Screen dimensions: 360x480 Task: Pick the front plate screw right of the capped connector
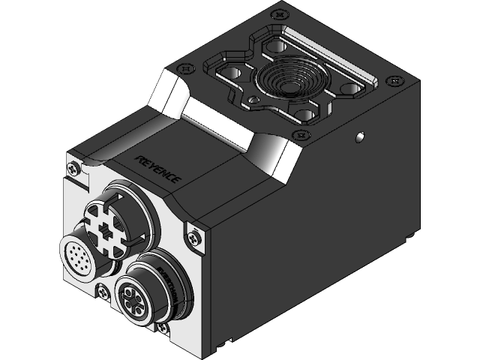pyautogui.click(x=194, y=236)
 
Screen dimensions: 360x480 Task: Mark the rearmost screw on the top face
pyautogui.click(x=280, y=13)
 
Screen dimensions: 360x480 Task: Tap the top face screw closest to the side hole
pyautogui.click(x=303, y=135)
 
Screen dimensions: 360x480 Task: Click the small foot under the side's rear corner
pyautogui.click(x=411, y=235)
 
